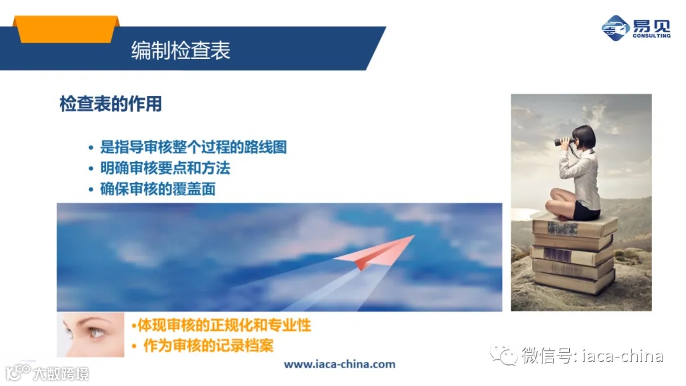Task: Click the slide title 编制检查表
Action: click(180, 50)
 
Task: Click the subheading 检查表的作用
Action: click(111, 104)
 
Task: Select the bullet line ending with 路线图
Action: click(193, 147)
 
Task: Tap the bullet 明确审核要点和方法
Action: click(165, 168)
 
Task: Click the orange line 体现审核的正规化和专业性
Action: click(222, 326)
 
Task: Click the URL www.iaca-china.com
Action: click(339, 364)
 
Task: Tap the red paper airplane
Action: click(375, 251)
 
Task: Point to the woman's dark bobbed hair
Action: click(585, 135)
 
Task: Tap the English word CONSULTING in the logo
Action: click(651, 36)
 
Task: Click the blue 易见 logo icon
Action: click(615, 29)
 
